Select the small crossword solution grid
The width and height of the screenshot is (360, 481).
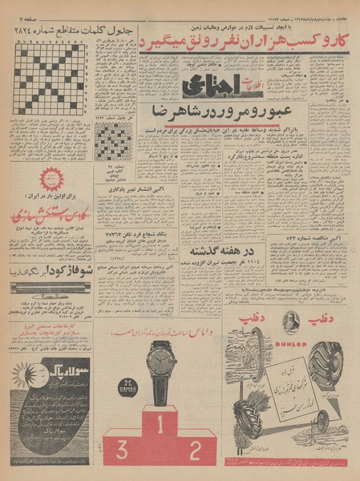click(115, 140)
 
